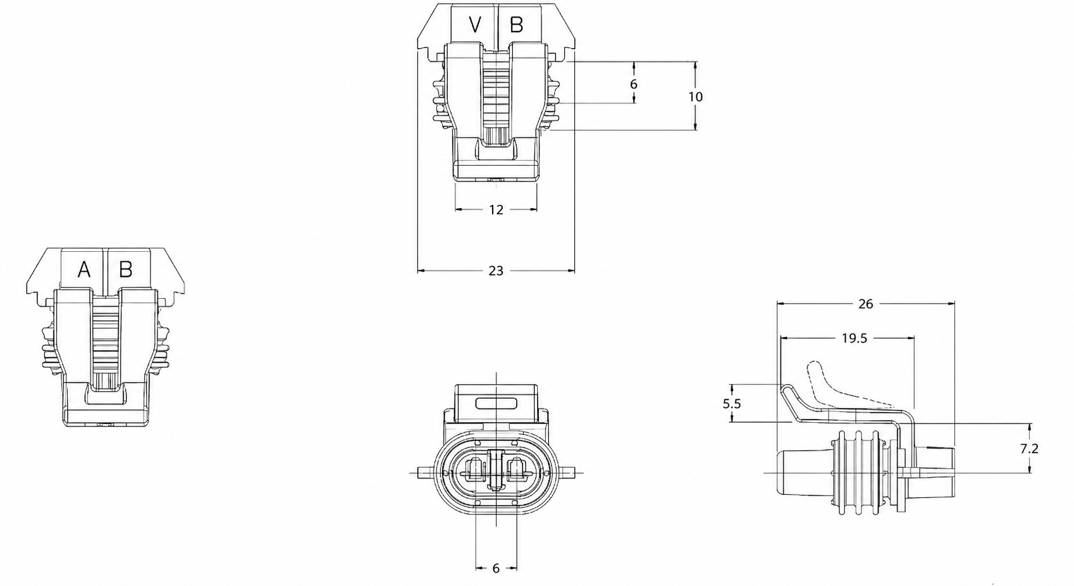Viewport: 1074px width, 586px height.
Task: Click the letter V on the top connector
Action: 474,25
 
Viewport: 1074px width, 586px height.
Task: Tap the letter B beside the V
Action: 516,25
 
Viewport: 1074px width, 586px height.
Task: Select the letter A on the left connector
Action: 84,270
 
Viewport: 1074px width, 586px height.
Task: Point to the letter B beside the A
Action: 126,270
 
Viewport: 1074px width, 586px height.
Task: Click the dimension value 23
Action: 496,271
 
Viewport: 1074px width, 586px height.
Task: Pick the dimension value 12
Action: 497,209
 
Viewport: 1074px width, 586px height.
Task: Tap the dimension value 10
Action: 695,97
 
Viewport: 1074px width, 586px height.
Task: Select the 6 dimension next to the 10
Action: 633,84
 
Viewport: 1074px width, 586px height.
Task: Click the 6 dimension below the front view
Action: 496,568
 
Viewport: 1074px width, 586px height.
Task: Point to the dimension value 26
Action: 865,304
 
